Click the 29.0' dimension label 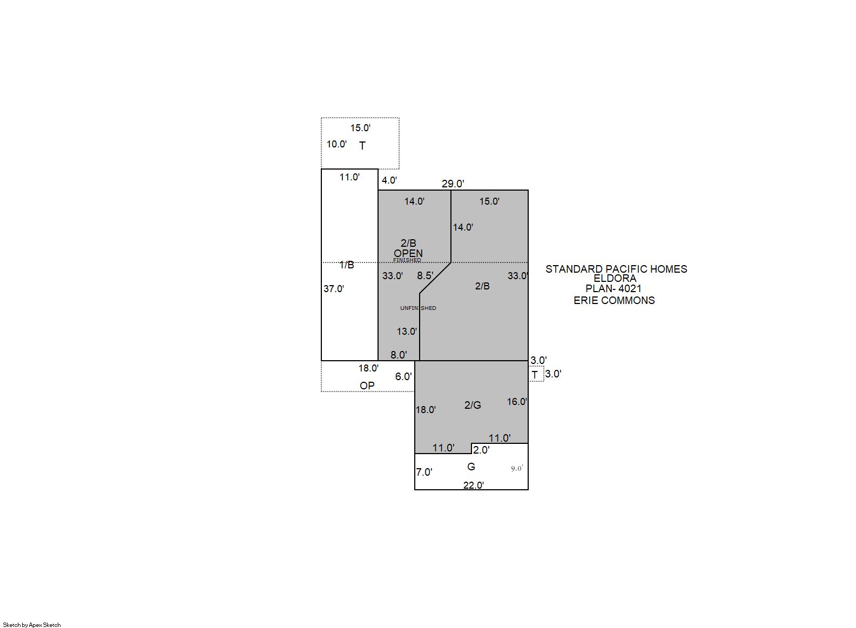coord(453,184)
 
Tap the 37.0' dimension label coord(334,289)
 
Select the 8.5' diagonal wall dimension coord(426,275)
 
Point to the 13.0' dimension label coord(407,331)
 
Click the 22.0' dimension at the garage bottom coord(474,485)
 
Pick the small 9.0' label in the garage coord(517,468)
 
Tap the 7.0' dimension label coord(424,472)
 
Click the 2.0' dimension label coord(481,450)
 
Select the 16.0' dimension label coord(517,401)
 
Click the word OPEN coord(408,253)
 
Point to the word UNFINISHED coord(418,308)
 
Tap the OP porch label coord(367,386)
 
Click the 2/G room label coord(473,405)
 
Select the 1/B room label coord(347,265)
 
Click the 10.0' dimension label coord(336,144)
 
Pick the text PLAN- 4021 coord(614,288)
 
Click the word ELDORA coord(615,278)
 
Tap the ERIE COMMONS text coord(614,300)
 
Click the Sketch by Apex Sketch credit coord(32,625)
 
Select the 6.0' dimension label coord(403,377)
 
